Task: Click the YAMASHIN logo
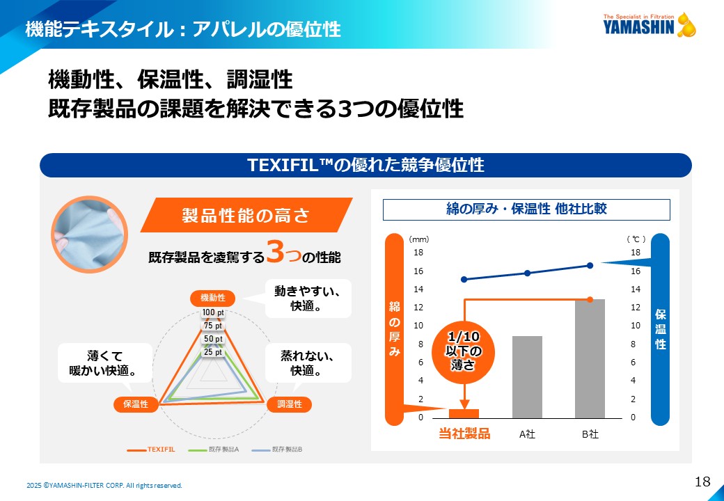(649, 25)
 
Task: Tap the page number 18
(702, 481)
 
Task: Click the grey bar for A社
(527, 377)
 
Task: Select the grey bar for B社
(590, 358)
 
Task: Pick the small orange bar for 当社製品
(464, 413)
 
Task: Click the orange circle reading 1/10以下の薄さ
(464, 349)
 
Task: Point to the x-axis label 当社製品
(464, 434)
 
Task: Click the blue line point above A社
(527, 273)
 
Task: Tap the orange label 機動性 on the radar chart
(212, 298)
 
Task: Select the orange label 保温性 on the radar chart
(136, 404)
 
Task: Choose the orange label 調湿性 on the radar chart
(289, 404)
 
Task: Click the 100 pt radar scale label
(213, 312)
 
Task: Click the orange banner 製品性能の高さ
(245, 215)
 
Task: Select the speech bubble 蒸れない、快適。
(308, 363)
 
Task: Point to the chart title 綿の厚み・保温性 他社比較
(526, 209)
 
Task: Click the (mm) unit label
(418, 239)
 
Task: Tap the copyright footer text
(104, 485)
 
